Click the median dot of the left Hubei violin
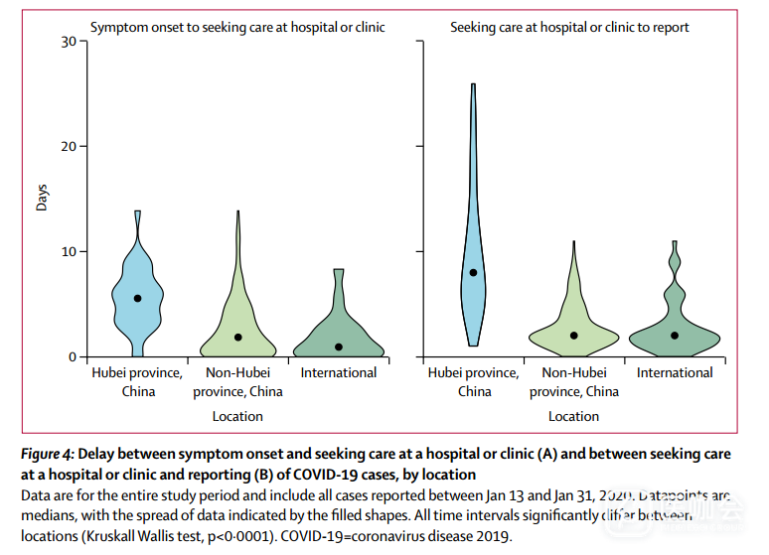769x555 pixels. (137, 298)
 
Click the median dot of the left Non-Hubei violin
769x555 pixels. (238, 338)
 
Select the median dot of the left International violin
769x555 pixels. (339, 347)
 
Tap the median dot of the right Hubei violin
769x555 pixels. (474, 272)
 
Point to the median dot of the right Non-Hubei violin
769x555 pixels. (574, 336)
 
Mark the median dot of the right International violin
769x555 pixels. (675, 336)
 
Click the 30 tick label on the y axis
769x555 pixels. (68, 41)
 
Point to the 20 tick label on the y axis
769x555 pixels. (68, 146)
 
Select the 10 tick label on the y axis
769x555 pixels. (68, 251)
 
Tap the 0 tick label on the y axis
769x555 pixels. (73, 356)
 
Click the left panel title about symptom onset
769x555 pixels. (237, 27)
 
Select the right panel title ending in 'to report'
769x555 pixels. (569, 27)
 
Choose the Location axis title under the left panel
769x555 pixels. (237, 416)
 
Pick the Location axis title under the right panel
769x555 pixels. (574, 416)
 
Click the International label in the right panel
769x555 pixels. (675, 373)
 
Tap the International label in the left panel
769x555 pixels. (339, 373)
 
